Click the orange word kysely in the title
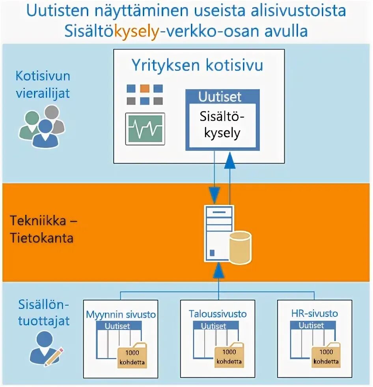point(136,30)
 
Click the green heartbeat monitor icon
point(145,129)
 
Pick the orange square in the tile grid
point(145,88)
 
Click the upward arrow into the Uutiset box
point(229,160)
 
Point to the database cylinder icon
point(240,248)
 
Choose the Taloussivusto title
point(218,314)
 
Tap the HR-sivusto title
point(315,314)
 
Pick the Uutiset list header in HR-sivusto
point(311,326)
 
